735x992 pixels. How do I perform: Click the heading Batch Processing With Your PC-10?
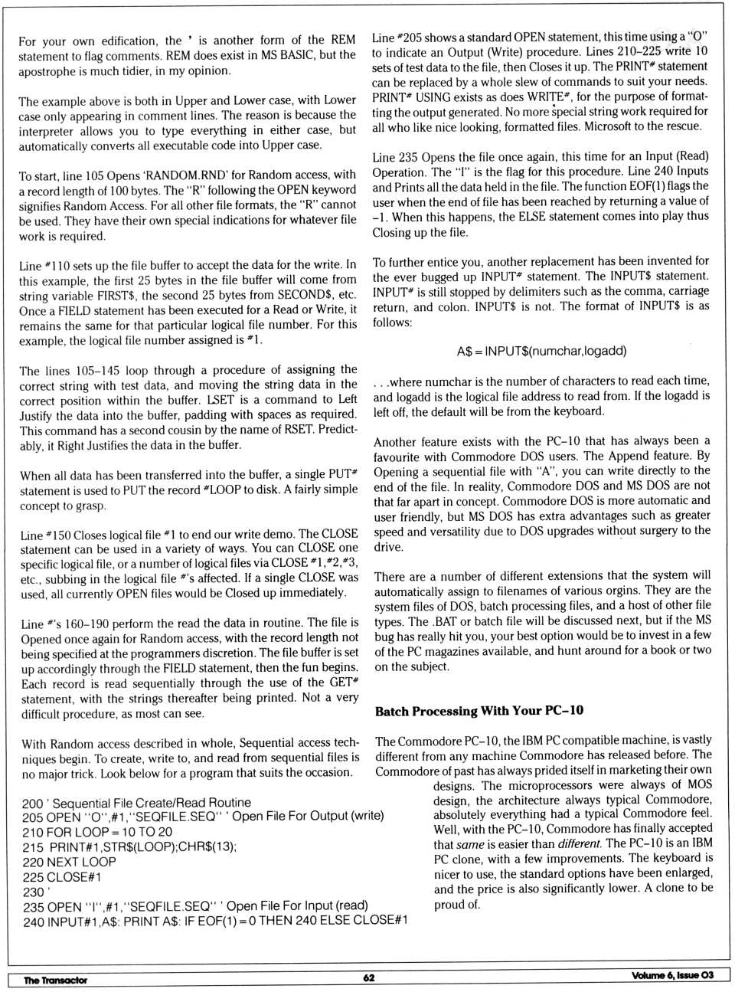pos(479,711)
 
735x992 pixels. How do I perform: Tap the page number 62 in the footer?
pos(369,977)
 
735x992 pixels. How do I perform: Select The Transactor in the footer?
pos(55,980)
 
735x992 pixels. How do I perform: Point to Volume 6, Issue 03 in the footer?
pos(671,975)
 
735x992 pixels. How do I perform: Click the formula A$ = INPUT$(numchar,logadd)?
pos(541,351)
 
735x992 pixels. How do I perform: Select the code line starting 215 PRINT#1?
pos(130,847)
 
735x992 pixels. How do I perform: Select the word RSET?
pos(296,429)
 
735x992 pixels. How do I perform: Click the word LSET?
pos(221,400)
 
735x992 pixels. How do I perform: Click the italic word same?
pos(470,843)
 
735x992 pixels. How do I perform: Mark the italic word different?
pos(579,843)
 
